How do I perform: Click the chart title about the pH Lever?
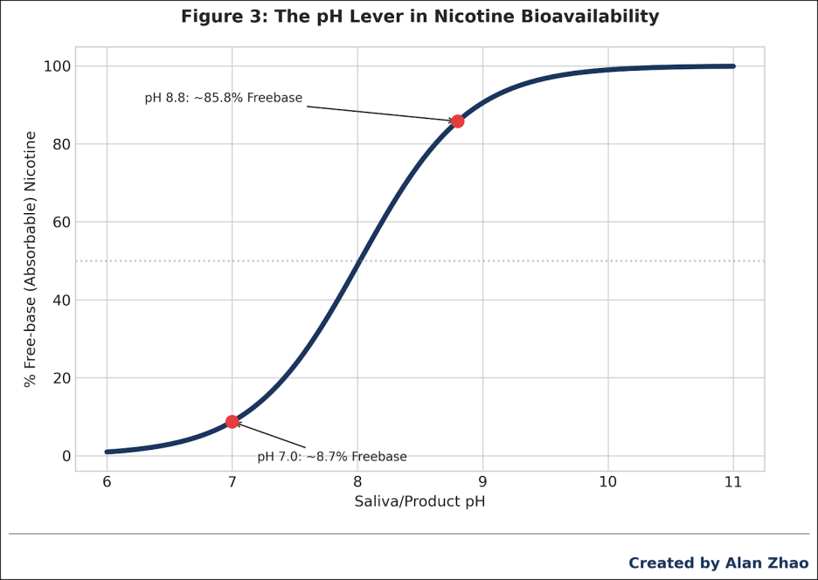[419, 17]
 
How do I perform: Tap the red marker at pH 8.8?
[457, 121]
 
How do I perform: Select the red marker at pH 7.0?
[232, 422]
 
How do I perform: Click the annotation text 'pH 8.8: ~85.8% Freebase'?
[223, 98]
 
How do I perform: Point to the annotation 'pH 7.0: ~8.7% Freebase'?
[332, 457]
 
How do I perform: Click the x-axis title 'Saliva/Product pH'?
[419, 502]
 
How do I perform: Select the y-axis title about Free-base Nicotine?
[31, 259]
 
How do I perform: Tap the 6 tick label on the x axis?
[107, 482]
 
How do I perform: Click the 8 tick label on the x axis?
[357, 482]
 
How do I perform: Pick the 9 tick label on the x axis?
[482, 482]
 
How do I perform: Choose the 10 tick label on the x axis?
[607, 482]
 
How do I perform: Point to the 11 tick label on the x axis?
[732, 482]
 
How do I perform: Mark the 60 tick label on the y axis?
[59, 222]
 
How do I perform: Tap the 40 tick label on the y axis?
[59, 300]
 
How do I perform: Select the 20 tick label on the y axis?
[59, 378]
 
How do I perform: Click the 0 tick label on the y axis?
[65, 456]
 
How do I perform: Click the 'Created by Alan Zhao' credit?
[718, 563]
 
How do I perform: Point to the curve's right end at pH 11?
[733, 66]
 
